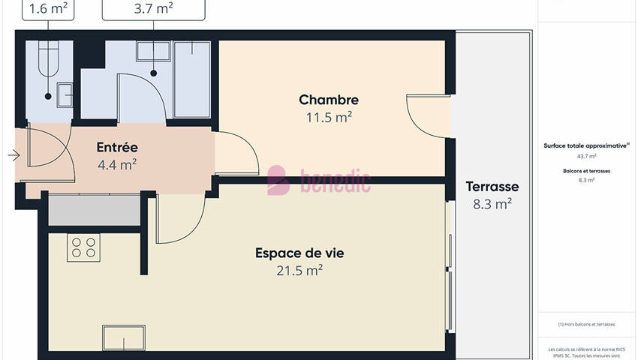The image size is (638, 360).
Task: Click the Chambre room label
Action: coord(328,100)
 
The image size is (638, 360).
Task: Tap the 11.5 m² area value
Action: coord(328,118)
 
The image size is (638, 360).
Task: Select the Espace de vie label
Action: coord(299,253)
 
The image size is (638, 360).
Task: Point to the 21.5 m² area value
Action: coord(299,271)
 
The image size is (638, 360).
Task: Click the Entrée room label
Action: coord(116,147)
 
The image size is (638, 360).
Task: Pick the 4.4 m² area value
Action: coord(116,164)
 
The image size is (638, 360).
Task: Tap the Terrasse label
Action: coord(492,187)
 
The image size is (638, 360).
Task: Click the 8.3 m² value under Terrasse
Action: coord(492,203)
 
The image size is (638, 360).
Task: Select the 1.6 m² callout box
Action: coord(50,9)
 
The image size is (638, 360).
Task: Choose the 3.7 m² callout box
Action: coord(153,9)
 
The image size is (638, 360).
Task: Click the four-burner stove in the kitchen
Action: coord(83,247)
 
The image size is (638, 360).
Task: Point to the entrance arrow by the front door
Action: coord(13,156)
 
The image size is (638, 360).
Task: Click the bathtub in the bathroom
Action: coord(192,79)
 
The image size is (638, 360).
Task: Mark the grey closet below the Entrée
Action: coord(94,210)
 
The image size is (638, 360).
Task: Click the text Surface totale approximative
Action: coord(586,146)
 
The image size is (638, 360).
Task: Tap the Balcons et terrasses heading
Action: coord(586,171)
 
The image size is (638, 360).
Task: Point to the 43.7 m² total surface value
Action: coord(586,156)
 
